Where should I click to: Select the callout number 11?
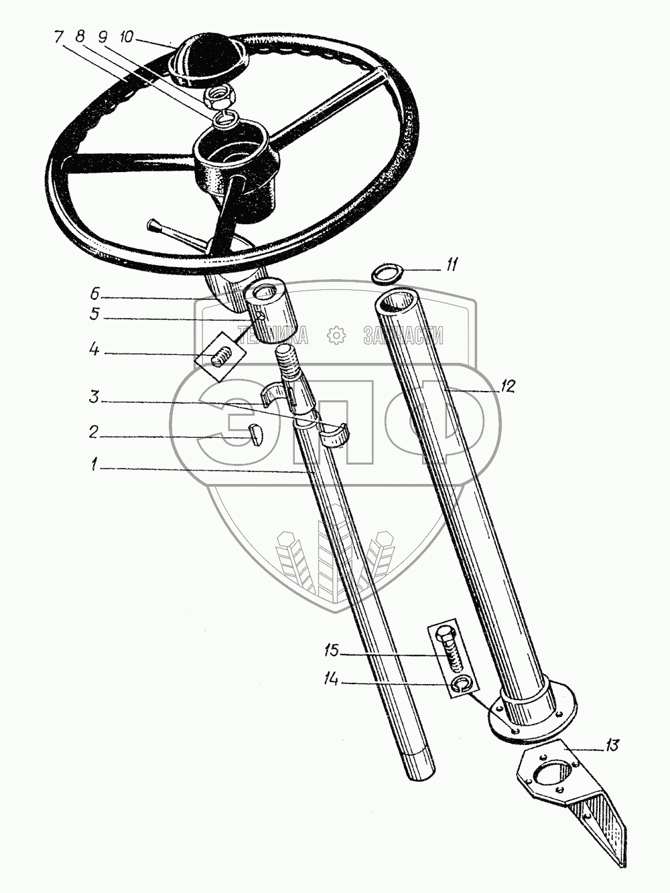(452, 266)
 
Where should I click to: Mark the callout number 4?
(94, 349)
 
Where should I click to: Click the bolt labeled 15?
(449, 648)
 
